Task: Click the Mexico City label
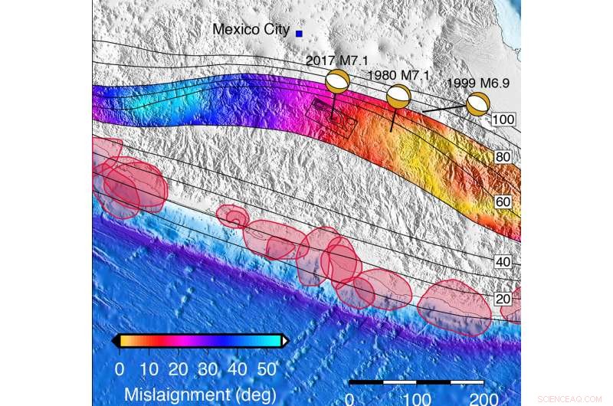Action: (x=251, y=30)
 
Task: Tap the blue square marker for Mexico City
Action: (x=299, y=33)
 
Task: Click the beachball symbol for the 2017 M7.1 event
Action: (x=338, y=81)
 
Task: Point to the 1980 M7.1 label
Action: (x=398, y=75)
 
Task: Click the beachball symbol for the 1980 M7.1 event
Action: (x=398, y=97)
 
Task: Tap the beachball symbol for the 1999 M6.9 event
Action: (x=478, y=103)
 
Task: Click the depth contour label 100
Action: (x=503, y=120)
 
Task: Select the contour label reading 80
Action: (x=503, y=157)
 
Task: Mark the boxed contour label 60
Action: (x=503, y=201)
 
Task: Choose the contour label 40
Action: (x=503, y=262)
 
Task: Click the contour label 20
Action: (x=503, y=299)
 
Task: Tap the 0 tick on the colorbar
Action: (x=120, y=369)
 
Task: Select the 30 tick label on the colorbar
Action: (x=208, y=369)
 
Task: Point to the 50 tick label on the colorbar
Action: (x=267, y=369)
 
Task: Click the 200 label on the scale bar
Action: (x=484, y=398)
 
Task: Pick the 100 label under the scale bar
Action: (x=417, y=398)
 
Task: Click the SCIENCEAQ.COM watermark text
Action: (x=569, y=399)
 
